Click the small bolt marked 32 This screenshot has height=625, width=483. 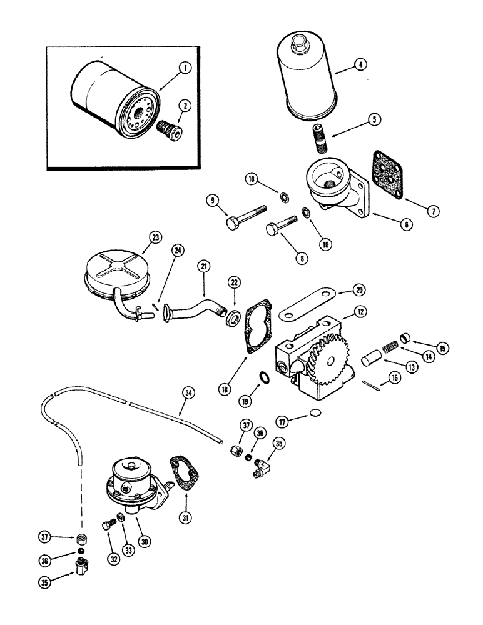(107, 526)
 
